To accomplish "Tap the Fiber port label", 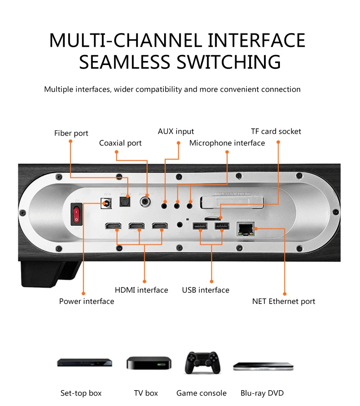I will [71, 133].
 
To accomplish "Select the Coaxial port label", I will [120, 143].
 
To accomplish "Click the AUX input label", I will [176, 131].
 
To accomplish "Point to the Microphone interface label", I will [227, 143].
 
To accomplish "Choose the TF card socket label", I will [276, 131].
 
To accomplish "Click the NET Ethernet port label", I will [283, 301].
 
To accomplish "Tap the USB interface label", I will [206, 290].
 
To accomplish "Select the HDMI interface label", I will [141, 290].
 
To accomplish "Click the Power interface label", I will [87, 301].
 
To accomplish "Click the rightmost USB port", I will [220, 226].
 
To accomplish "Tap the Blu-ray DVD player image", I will [263, 366].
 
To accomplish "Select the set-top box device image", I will [84, 363].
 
